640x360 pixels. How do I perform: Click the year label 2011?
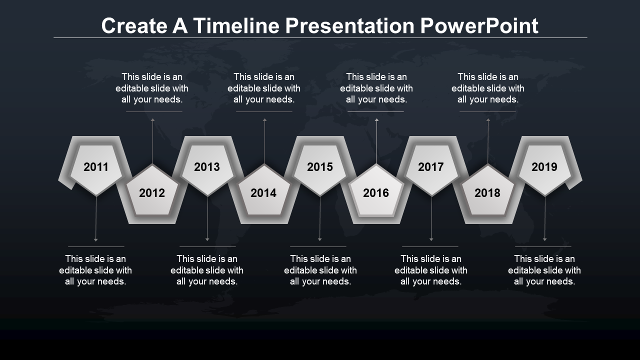point(96,167)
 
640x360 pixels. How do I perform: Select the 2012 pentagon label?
point(152,193)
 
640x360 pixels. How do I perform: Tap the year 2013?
point(207,167)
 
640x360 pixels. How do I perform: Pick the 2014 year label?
point(263,193)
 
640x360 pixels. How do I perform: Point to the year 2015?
point(320,167)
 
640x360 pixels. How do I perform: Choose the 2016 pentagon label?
point(376,193)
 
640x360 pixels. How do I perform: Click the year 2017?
point(431,167)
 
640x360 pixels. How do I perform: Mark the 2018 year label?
point(487,193)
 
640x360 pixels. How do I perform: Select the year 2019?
point(544,167)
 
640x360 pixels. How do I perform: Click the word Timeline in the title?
point(236,25)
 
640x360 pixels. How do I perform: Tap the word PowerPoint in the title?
point(479,25)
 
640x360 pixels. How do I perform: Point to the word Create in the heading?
point(134,25)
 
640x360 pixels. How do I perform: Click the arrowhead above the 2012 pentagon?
point(153,120)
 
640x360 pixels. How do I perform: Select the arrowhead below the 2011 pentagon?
point(96,239)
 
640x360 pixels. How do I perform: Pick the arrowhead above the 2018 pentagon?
point(488,120)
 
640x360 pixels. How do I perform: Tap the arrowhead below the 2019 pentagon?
point(545,239)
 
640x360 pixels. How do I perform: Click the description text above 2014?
point(264,88)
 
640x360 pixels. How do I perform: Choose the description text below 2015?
point(320,270)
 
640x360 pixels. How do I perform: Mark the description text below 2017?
point(431,270)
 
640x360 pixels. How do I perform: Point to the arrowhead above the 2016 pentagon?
point(377,120)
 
